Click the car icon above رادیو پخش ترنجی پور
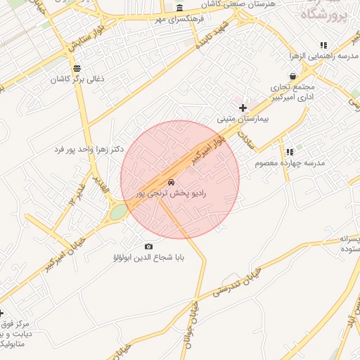172,181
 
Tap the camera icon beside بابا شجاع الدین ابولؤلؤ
148,246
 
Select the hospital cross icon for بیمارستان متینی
243,108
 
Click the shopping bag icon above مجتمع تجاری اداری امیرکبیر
292,76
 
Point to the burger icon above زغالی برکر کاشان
77,68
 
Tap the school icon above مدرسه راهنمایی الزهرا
323,44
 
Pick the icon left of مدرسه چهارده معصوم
289,151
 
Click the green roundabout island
119,211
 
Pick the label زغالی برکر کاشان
77,80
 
